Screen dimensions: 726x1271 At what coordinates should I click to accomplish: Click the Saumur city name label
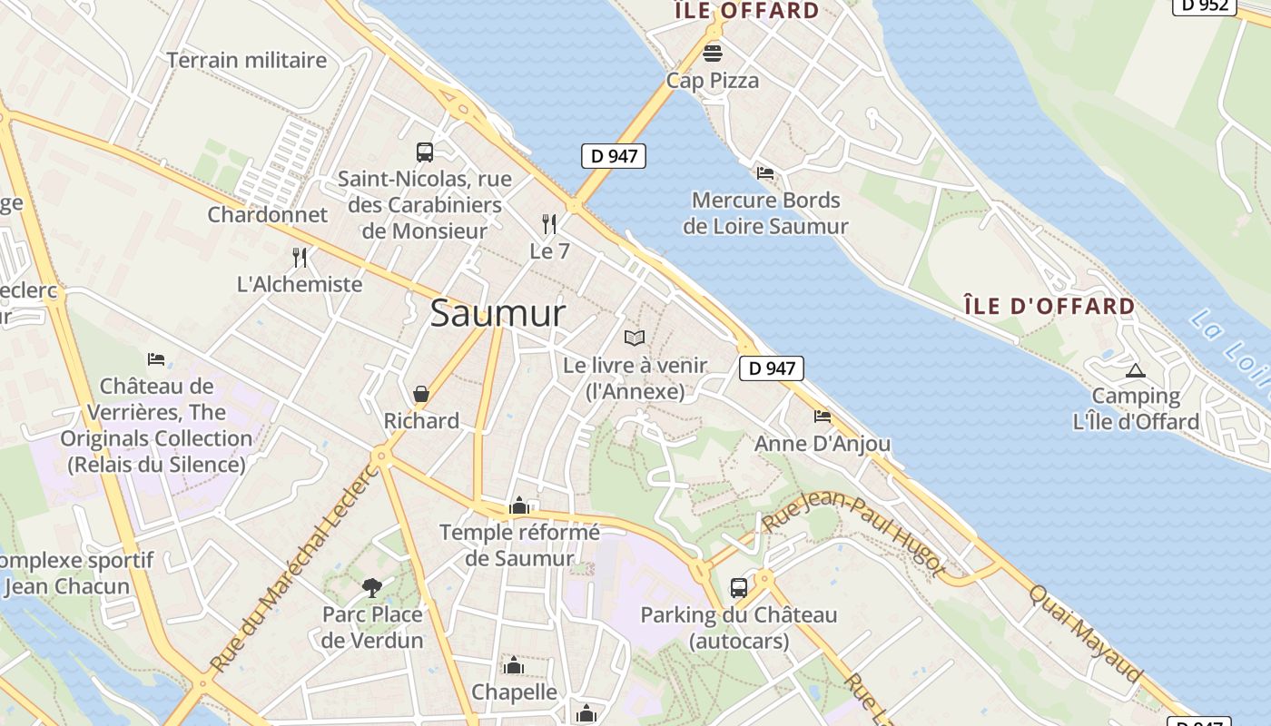498,314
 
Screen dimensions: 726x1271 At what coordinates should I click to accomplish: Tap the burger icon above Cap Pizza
713,53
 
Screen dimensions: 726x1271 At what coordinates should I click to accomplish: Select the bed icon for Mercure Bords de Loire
765,172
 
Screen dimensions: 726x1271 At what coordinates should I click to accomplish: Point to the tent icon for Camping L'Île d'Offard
1135,370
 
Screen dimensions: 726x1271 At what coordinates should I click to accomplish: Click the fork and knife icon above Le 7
549,223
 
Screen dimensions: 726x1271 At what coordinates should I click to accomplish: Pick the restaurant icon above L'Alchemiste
300,258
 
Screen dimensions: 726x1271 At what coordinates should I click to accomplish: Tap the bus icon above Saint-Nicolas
425,152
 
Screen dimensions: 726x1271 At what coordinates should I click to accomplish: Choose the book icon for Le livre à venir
635,338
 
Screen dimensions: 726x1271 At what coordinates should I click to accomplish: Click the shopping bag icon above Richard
421,394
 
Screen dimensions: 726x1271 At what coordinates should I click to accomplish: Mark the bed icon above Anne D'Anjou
823,417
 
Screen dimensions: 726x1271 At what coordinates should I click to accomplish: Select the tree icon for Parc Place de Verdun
372,587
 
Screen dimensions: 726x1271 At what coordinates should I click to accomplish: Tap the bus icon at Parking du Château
739,587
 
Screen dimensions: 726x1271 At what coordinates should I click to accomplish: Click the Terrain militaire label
246,61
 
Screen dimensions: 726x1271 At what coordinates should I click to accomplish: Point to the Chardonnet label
267,215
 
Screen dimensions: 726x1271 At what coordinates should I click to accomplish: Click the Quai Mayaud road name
1085,633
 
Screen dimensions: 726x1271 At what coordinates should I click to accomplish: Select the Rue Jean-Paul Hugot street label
852,535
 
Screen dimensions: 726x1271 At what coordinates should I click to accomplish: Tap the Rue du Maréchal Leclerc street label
293,569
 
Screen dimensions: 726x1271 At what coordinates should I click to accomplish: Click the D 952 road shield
1205,5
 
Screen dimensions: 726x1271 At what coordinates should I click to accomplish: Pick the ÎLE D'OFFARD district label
1049,306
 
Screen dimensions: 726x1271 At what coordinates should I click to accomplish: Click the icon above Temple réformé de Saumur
519,505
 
